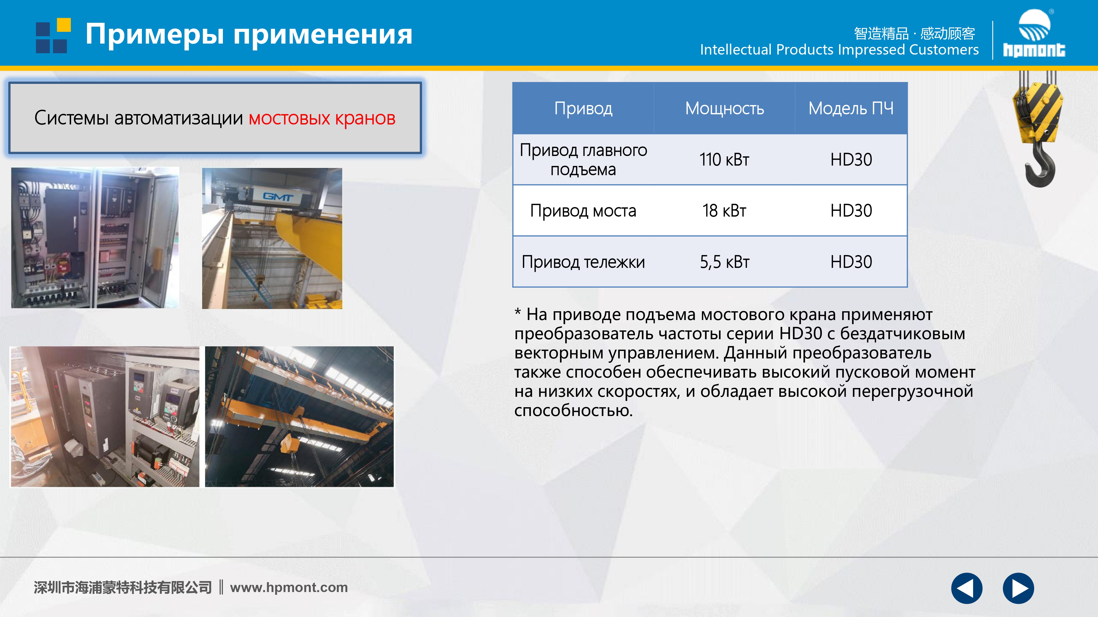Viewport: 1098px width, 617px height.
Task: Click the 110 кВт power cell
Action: pyautogui.click(x=724, y=160)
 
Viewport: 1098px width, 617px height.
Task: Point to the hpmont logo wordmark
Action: pyautogui.click(x=1034, y=50)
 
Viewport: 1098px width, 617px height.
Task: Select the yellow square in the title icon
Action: pyautogui.click(x=64, y=25)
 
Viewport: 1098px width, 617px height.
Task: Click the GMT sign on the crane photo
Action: pyautogui.click(x=278, y=196)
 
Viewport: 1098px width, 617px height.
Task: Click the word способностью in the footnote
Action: pyautogui.click(x=573, y=411)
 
